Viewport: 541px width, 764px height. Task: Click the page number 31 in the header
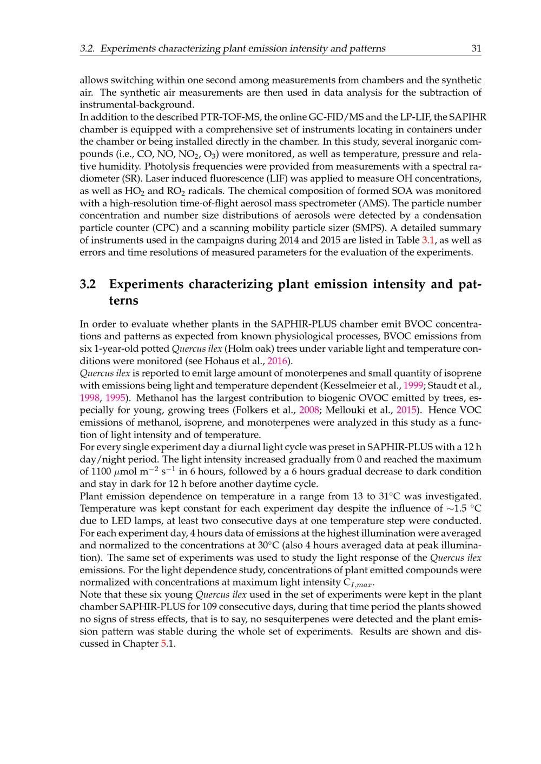tap(476, 49)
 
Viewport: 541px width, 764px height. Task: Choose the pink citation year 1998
tap(90, 398)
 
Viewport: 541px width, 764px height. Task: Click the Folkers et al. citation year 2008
tap(309, 410)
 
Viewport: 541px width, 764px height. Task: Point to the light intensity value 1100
tap(101, 472)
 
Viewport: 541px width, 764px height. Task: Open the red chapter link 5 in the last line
tap(164, 644)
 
